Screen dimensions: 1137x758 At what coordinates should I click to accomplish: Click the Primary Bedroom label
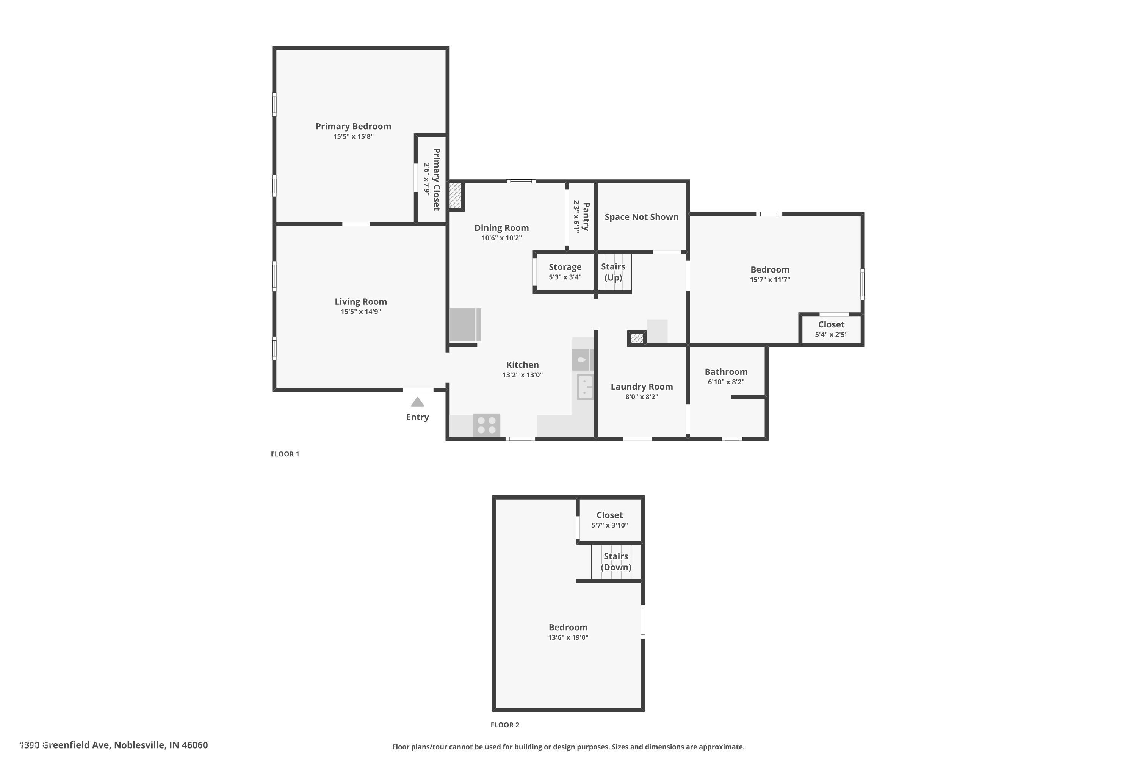pyautogui.click(x=353, y=126)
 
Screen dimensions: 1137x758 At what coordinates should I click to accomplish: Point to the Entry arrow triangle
pyautogui.click(x=417, y=402)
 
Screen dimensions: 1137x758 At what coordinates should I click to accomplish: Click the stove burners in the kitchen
pyautogui.click(x=486, y=425)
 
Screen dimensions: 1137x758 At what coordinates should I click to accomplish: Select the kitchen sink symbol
pyautogui.click(x=585, y=387)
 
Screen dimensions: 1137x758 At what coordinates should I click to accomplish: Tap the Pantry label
pyautogui.click(x=586, y=216)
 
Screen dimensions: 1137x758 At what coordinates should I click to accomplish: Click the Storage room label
pyautogui.click(x=565, y=267)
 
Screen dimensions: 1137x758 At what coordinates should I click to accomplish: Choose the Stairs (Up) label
pyautogui.click(x=613, y=272)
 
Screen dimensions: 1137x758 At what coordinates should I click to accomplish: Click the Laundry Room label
pyautogui.click(x=642, y=387)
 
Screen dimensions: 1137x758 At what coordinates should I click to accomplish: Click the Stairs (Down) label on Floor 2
pyautogui.click(x=616, y=562)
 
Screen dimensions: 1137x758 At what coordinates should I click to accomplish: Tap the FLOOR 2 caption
pyautogui.click(x=505, y=725)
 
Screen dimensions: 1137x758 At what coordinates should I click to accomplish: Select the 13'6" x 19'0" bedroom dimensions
pyautogui.click(x=568, y=637)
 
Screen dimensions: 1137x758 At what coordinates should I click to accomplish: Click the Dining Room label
pyautogui.click(x=501, y=228)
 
